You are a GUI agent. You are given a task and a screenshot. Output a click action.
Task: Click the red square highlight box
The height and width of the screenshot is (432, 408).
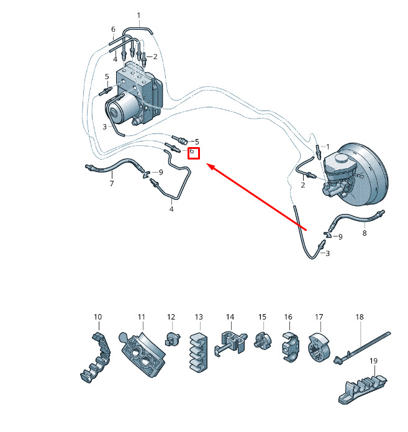pyautogui.click(x=194, y=153)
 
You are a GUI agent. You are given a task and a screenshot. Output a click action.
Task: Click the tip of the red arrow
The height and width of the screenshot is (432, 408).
pyautogui.click(x=207, y=164)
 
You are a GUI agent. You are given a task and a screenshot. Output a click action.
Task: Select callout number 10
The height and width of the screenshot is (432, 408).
pyautogui.click(x=98, y=317)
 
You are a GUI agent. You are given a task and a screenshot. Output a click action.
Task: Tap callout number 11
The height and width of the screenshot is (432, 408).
pyautogui.click(x=142, y=317)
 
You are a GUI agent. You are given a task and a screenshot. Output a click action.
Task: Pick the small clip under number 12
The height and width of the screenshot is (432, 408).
pyautogui.click(x=173, y=339)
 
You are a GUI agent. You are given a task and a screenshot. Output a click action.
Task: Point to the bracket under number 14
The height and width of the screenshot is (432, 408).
pyautogui.click(x=230, y=343)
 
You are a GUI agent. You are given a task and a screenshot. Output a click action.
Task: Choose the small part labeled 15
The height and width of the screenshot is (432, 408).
pyautogui.click(x=263, y=341)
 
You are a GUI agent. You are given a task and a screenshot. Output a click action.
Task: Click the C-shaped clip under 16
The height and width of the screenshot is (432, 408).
pyautogui.click(x=291, y=347)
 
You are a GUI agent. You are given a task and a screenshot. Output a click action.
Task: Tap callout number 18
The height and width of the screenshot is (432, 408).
pyautogui.click(x=360, y=317)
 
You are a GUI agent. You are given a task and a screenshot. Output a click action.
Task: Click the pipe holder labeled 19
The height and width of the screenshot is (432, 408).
pyautogui.click(x=363, y=389)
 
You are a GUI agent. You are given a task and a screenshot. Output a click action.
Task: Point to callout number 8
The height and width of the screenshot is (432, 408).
pyautogui.click(x=365, y=233)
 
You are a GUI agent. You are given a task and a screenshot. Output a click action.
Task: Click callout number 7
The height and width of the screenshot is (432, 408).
pyautogui.click(x=112, y=183)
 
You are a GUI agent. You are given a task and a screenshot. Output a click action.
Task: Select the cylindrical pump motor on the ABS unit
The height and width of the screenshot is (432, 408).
pyautogui.click(x=122, y=108)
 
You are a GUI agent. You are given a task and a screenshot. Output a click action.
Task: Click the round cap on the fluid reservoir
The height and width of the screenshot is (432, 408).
pyautogui.click(x=342, y=158)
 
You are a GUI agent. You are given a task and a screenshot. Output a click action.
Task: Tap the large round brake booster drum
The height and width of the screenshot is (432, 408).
pyautogui.click(x=364, y=174)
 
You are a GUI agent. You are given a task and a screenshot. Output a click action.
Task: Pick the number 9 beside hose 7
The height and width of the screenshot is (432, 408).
pyautogui.click(x=161, y=172)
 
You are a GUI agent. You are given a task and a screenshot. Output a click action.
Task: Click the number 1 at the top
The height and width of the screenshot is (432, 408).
pyautogui.click(x=138, y=15)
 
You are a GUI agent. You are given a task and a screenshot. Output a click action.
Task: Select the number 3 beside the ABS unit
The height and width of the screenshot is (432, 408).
pyautogui.click(x=104, y=127)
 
